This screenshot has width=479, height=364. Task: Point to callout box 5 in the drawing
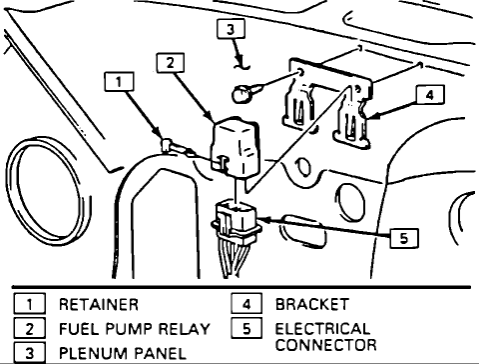402,238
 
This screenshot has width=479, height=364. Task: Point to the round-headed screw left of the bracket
239,96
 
